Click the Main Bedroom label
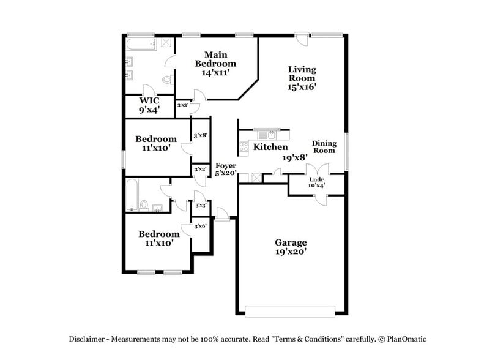(x=215, y=59)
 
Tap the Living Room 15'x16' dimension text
(x=302, y=87)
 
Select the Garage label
(x=291, y=242)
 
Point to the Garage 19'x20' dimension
(x=291, y=251)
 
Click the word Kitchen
(x=270, y=148)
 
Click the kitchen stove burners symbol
(x=243, y=147)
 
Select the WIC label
(x=149, y=100)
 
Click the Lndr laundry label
(x=316, y=179)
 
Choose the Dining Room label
(x=324, y=146)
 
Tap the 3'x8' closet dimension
(x=200, y=136)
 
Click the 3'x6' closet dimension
(x=200, y=227)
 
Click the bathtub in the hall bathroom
(x=132, y=194)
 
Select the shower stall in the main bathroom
(x=166, y=43)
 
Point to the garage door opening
(x=291, y=310)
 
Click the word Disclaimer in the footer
(x=87, y=339)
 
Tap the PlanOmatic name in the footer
(x=404, y=339)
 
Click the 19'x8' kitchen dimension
(x=294, y=157)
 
